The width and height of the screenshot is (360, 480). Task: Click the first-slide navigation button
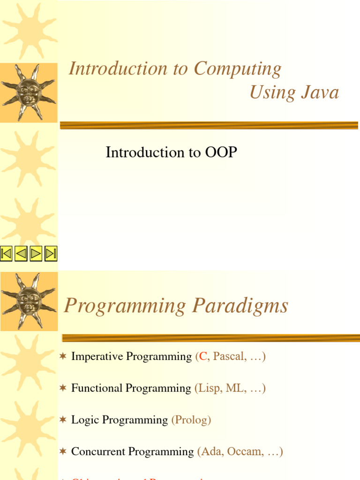pos(7,254)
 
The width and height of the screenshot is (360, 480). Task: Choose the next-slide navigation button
pos(36,254)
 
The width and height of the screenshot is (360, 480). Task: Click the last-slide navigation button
pos(51,254)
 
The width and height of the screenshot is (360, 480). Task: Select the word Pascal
pos(229,357)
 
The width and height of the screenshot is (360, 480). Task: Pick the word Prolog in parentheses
pos(191,420)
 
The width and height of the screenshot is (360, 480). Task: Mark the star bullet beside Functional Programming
pos(63,388)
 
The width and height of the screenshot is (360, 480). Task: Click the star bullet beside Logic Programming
pos(63,420)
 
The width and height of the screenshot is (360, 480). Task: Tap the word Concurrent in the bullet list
pos(98,452)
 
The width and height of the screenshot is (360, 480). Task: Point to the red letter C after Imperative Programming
pos(203,357)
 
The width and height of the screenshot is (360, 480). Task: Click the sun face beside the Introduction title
pos(29,92)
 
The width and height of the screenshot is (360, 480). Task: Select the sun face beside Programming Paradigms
pos(29,300)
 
